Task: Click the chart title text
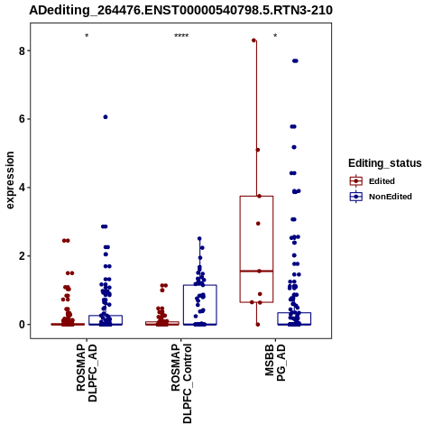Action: pos(180,10)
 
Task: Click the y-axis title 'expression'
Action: pos(10,180)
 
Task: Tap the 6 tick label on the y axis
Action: pos(22,119)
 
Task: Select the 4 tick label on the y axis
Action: pos(22,188)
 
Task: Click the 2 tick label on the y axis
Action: pos(22,256)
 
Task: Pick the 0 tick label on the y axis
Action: pos(22,325)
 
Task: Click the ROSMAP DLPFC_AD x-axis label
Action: pos(87,373)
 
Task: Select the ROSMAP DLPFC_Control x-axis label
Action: pos(181,383)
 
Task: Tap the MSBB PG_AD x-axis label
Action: pos(275,363)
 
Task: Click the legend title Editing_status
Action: pos(385,163)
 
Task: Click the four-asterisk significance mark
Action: pos(181,36)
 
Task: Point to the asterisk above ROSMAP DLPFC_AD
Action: pos(87,36)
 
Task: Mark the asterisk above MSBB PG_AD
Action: pos(275,36)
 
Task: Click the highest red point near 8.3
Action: pos(253,41)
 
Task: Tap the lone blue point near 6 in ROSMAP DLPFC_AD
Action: pos(106,117)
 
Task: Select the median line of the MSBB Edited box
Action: pos(256,272)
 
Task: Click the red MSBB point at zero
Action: pos(258,325)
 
